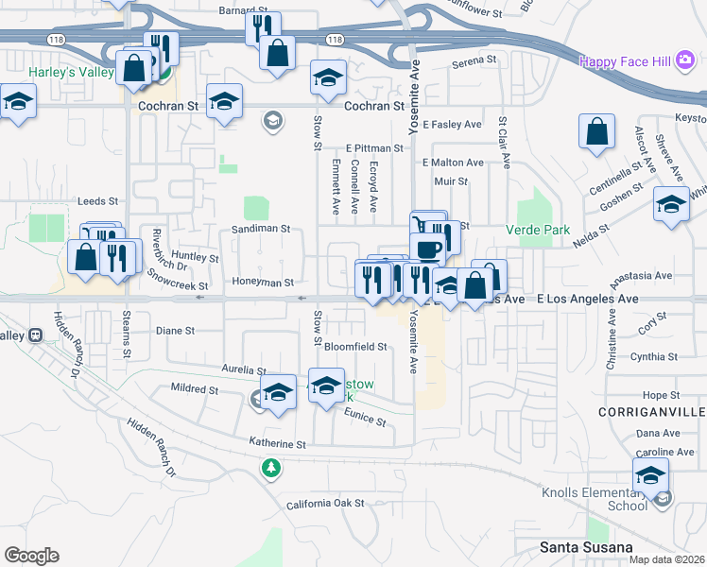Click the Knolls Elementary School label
tap(595, 499)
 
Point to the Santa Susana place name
tap(585, 547)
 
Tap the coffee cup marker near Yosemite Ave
tap(428, 247)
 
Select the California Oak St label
tap(326, 504)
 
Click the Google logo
tap(31, 556)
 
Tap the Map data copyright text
tap(666, 559)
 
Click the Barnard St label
tap(238, 11)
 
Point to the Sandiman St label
tap(260, 229)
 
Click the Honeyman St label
tap(264, 282)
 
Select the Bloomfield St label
tap(356, 347)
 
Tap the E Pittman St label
tap(373, 148)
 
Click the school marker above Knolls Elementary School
tap(650, 473)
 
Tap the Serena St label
tap(474, 60)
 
